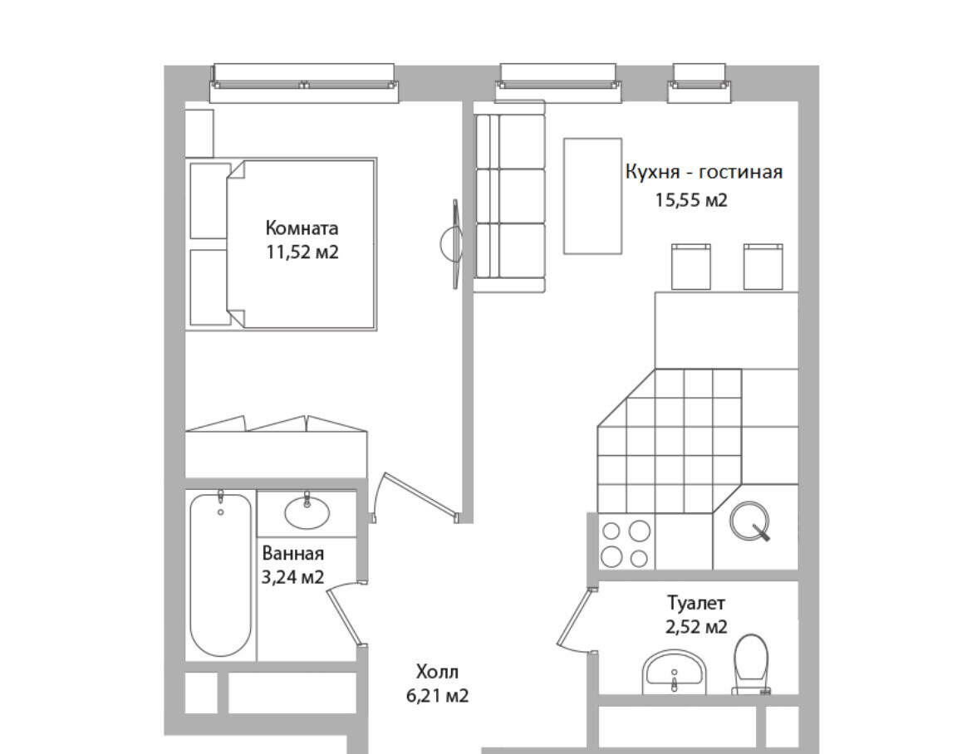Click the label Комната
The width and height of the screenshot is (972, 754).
302,228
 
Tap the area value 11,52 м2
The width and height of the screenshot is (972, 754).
302,252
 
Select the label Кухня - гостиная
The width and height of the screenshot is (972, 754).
704,172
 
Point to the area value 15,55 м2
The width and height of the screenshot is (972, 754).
691,199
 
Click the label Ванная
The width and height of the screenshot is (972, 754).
292,553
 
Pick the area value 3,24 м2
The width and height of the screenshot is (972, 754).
292,577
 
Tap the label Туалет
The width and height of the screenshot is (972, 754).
695,602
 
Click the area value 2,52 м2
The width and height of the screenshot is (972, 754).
696,627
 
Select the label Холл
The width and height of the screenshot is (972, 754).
437,672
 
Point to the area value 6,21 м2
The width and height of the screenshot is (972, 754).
437,696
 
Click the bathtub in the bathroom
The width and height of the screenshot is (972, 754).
221,575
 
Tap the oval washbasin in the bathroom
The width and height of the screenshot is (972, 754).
307,512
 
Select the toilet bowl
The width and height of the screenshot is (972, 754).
751,663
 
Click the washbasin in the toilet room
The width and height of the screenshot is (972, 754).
674,672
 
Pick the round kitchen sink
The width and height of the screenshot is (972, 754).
749,521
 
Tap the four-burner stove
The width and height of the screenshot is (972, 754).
626,542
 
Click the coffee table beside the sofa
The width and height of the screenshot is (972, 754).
592,196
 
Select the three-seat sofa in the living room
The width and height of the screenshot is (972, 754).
509,197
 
